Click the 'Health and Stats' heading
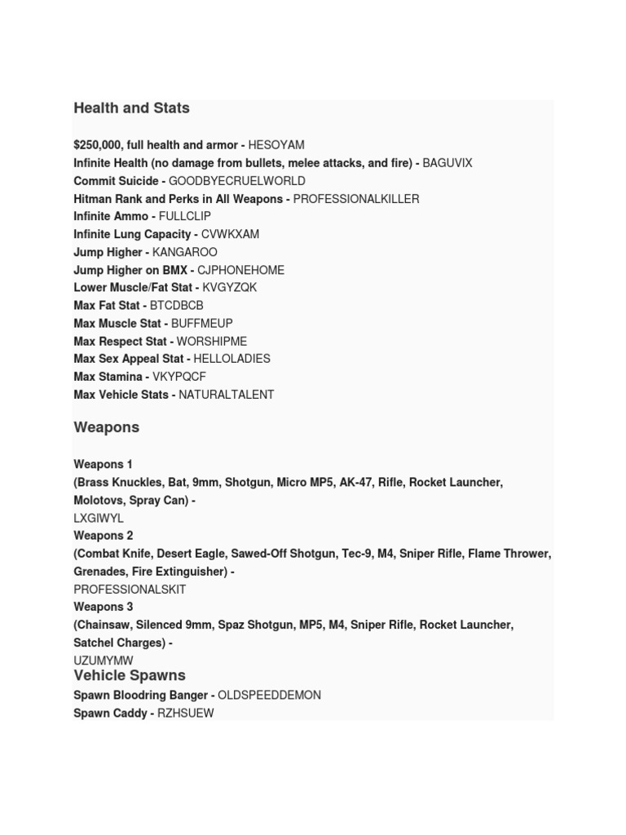coord(131,108)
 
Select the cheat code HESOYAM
coord(276,145)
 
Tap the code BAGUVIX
coord(447,163)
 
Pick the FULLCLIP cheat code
coord(185,217)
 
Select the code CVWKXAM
coord(230,235)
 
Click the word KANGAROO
coord(185,253)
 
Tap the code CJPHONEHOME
coord(241,270)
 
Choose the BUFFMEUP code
coord(202,324)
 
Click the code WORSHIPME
coord(212,342)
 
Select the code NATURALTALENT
coord(227,395)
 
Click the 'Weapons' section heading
coord(107,427)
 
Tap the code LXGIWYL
coord(99,519)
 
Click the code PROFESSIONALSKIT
coord(130,590)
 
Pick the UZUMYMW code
coord(104,660)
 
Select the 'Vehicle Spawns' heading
coord(130,676)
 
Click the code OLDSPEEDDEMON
coord(270,696)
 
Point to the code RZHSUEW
coord(186,714)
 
